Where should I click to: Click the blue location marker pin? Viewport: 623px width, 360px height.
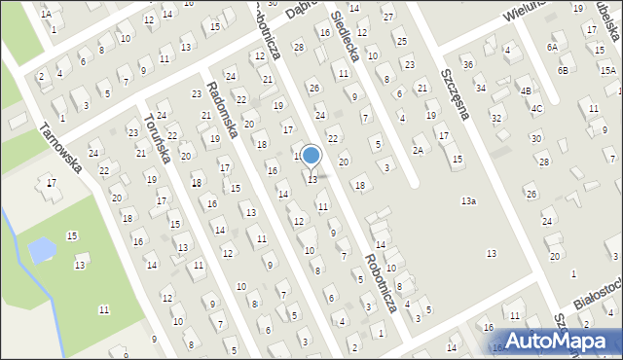click(x=311, y=156)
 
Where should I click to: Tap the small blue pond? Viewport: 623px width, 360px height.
click(x=42, y=252)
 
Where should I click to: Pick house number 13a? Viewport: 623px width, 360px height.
click(x=468, y=201)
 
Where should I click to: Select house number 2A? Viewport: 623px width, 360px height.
click(x=419, y=150)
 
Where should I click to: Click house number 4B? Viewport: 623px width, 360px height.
click(x=526, y=91)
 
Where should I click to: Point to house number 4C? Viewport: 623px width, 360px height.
click(x=536, y=108)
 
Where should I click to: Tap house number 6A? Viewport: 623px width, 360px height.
click(x=552, y=47)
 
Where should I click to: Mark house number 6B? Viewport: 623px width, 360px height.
click(x=563, y=71)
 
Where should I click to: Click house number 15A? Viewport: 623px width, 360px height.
click(x=606, y=71)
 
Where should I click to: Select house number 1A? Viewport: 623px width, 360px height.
click(x=46, y=14)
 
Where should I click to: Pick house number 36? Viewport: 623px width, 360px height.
click(x=467, y=64)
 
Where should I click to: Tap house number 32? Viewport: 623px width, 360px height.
click(x=495, y=118)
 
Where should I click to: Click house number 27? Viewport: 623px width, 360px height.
click(x=387, y=18)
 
